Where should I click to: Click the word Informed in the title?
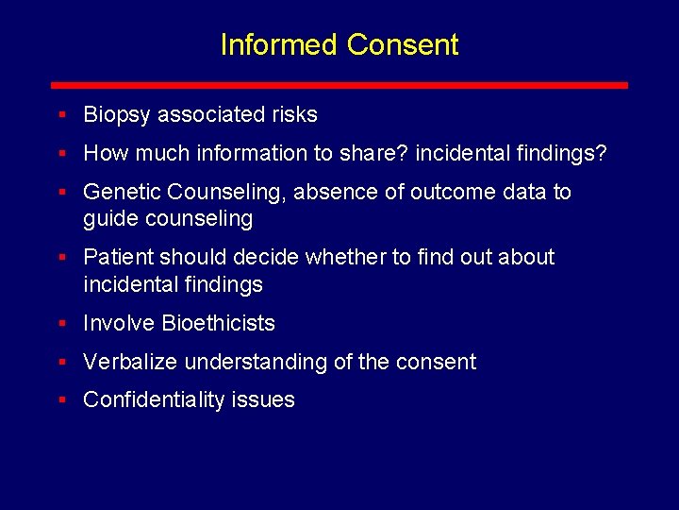point(279,44)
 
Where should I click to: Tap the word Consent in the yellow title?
point(403,44)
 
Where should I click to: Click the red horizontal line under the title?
point(339,85)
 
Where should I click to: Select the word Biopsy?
point(117,115)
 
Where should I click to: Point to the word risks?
point(294,115)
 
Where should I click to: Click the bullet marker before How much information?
point(60,152)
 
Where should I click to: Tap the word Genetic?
point(122,193)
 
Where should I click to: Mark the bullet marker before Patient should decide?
point(60,257)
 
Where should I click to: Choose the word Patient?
point(119,258)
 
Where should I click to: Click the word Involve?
point(119,323)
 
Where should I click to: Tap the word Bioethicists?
point(219,323)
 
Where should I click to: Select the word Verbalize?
point(130,362)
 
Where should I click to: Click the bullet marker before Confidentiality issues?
point(60,399)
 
